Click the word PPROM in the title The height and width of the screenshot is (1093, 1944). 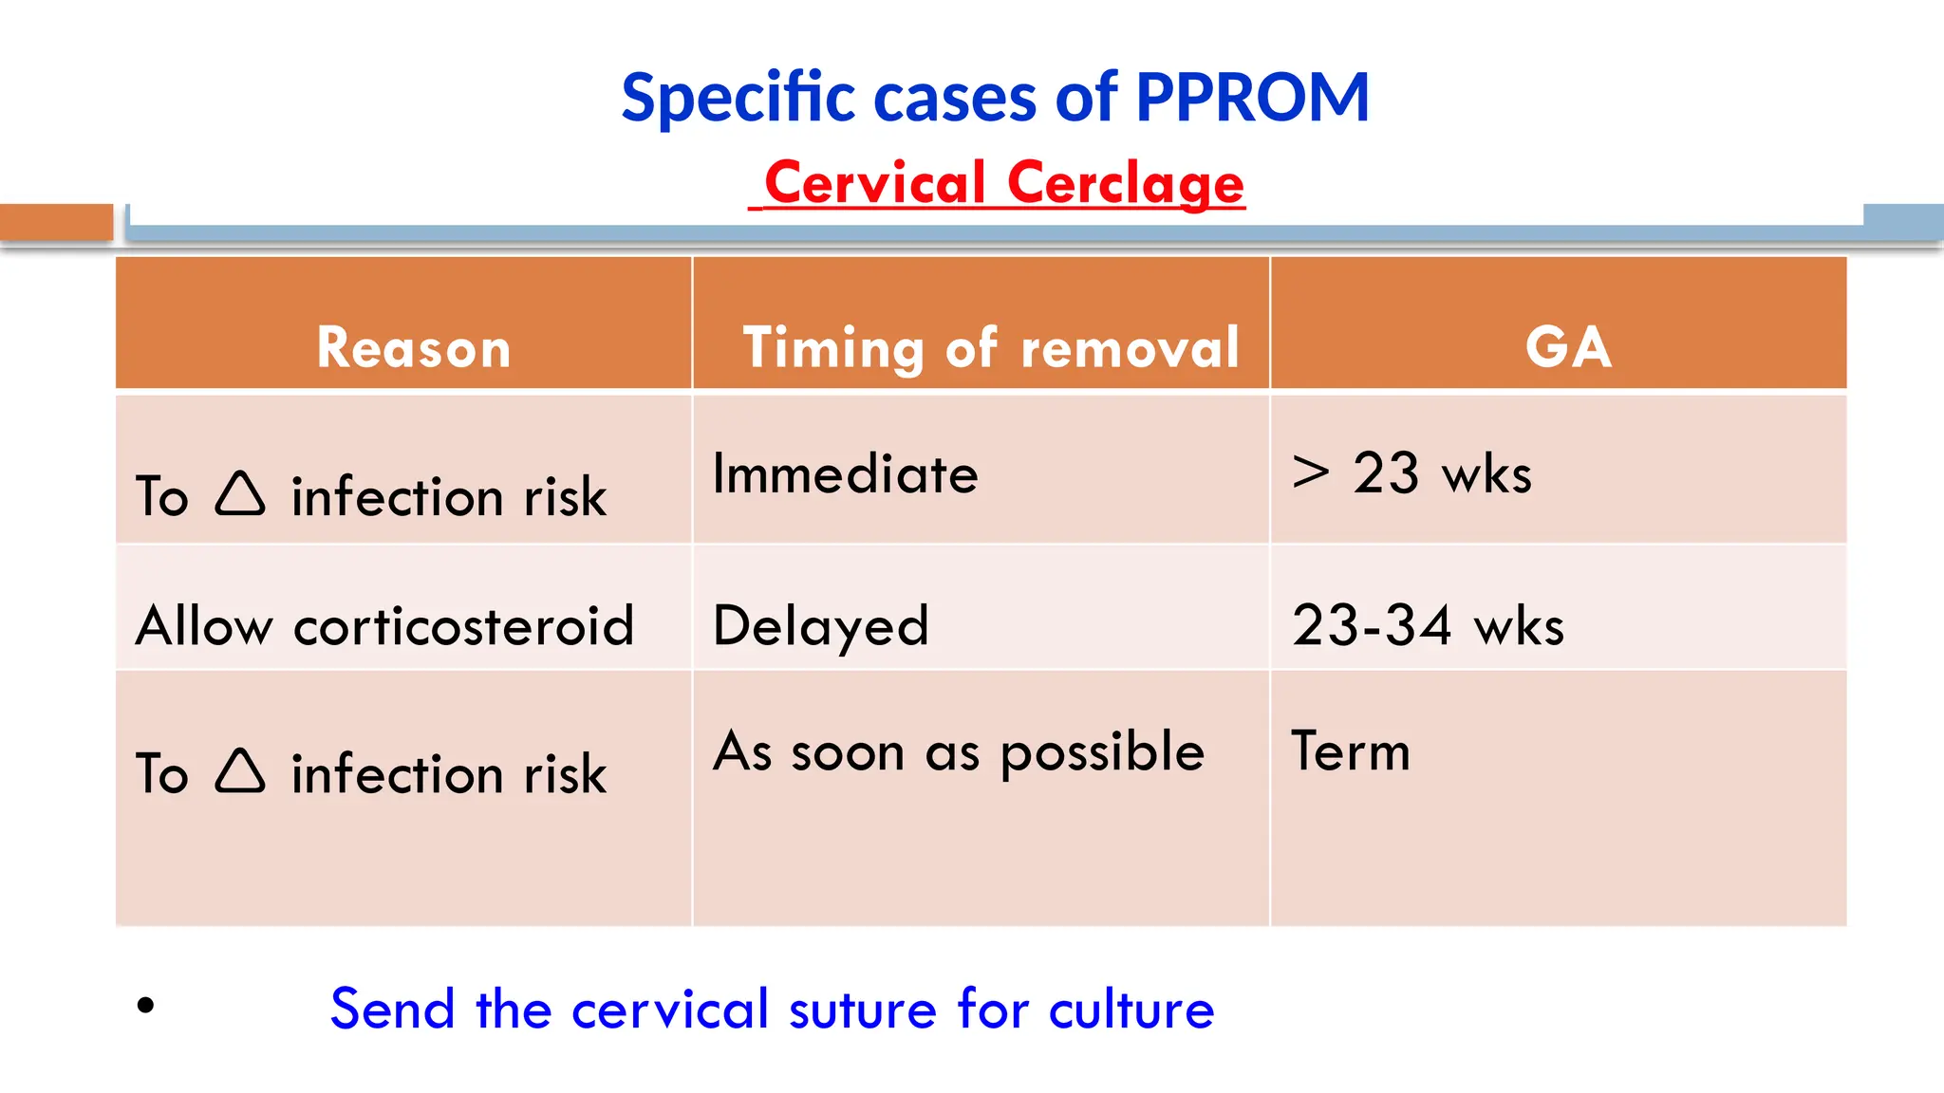[x=1252, y=98]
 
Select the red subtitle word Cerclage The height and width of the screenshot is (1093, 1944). [x=1125, y=182]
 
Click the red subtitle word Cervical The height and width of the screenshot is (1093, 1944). [x=874, y=182]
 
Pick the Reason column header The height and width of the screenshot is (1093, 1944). [x=414, y=347]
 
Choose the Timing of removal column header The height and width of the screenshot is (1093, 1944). [x=990, y=347]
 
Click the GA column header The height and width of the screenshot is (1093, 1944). [x=1568, y=347]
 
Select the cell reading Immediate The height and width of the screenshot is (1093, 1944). [x=845, y=473]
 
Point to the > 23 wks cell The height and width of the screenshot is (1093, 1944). [x=1411, y=473]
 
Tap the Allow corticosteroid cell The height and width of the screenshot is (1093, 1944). [x=384, y=626]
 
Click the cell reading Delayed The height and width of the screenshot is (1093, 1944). [x=820, y=626]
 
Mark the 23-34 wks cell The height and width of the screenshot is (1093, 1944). [x=1427, y=626]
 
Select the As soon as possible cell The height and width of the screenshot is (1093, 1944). [x=959, y=752]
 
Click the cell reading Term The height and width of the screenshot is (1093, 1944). [x=1350, y=752]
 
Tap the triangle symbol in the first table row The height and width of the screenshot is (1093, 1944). [x=240, y=494]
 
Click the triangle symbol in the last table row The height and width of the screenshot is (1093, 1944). [x=240, y=771]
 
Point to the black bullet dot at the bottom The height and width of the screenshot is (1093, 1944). [x=145, y=1006]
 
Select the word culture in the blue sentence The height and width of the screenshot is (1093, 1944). [x=1131, y=1009]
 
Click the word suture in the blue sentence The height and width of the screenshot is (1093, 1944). [x=862, y=1009]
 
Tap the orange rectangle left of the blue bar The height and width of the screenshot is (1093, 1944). [x=56, y=221]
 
